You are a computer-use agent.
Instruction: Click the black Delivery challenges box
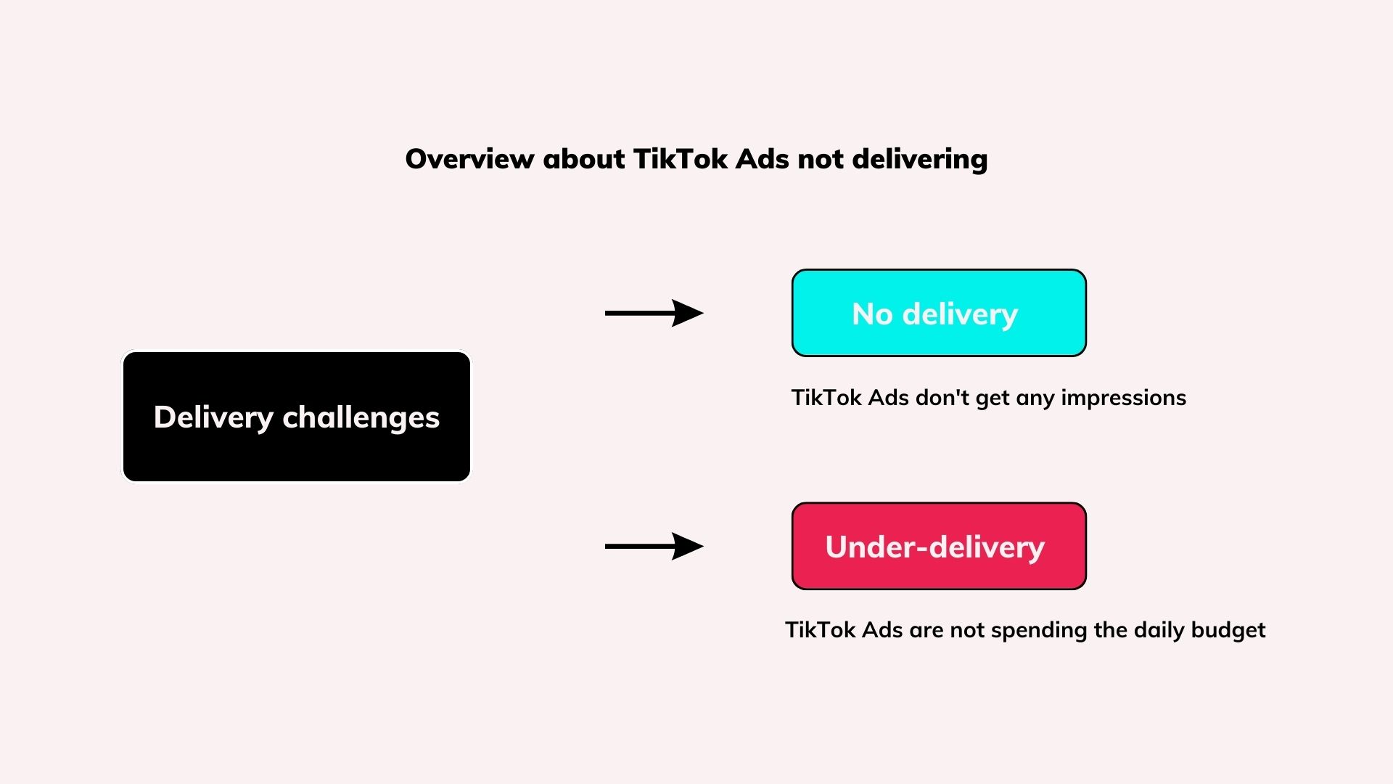pyautogui.click(x=297, y=417)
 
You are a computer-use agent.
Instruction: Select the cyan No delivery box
pyautogui.click(x=939, y=313)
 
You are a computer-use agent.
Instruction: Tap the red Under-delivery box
pyautogui.click(x=939, y=546)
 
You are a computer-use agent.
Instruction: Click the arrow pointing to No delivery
pyautogui.click(x=654, y=313)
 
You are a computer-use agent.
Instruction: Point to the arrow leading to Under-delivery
pyautogui.click(x=654, y=546)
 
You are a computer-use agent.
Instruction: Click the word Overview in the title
pyautogui.click(x=469, y=159)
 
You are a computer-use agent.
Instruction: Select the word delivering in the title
pyautogui.click(x=920, y=160)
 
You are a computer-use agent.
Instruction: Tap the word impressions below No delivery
pyautogui.click(x=1123, y=399)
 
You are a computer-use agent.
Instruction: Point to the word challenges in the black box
pyautogui.click(x=361, y=418)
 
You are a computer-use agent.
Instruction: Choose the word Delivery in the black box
pyautogui.click(x=213, y=418)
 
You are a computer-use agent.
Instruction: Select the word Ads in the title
pyautogui.click(x=763, y=159)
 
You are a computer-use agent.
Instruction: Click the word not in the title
pyautogui.click(x=821, y=160)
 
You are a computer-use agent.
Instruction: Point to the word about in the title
pyautogui.click(x=583, y=159)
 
